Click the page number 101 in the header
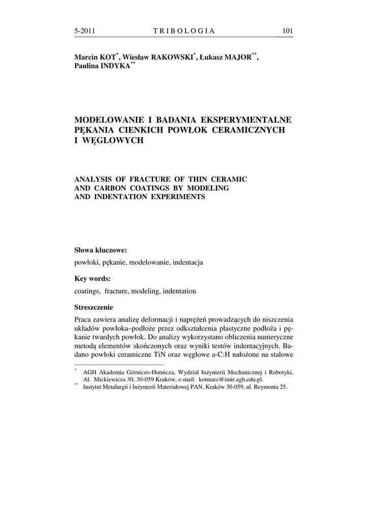[288, 31]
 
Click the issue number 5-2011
[85, 31]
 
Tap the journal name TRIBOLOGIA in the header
[184, 31]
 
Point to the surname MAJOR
[238, 58]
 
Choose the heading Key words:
[93, 279]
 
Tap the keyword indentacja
[188, 263]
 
